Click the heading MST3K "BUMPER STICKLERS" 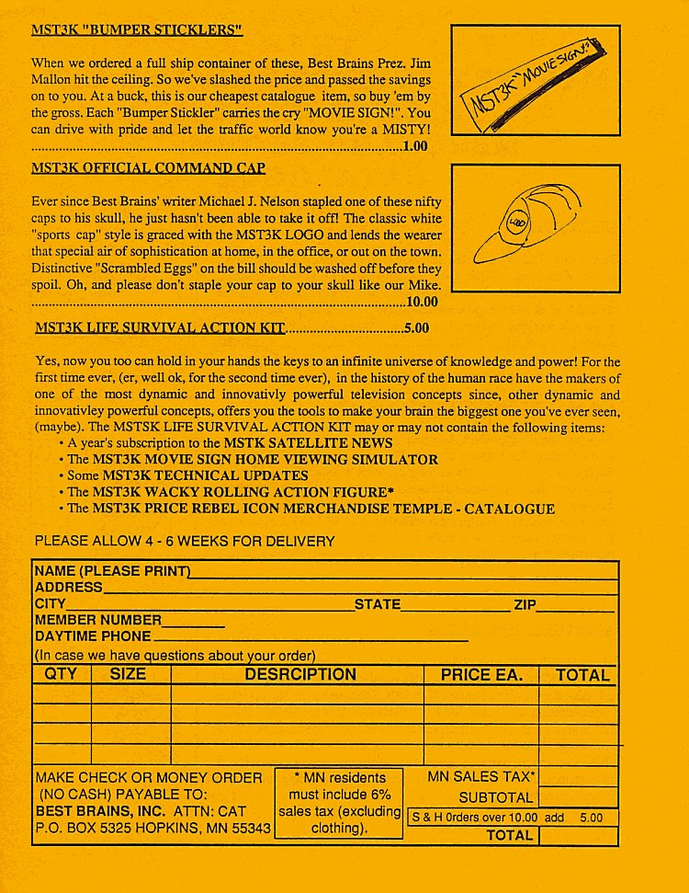tap(137, 29)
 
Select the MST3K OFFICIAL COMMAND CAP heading tap(149, 167)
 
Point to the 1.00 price tap(415, 145)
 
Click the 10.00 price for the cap tap(422, 301)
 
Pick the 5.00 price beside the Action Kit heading tap(416, 326)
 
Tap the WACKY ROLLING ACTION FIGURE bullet tap(231, 492)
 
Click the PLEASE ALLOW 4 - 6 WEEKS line tap(185, 541)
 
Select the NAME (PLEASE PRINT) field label tap(112, 571)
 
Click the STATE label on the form tap(378, 604)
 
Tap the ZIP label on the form tap(525, 604)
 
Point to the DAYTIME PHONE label tap(93, 636)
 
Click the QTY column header tap(61, 675)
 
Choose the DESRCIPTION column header tap(300, 675)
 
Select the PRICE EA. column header tap(481, 675)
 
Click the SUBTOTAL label tap(496, 798)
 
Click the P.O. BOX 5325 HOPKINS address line tap(152, 828)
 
